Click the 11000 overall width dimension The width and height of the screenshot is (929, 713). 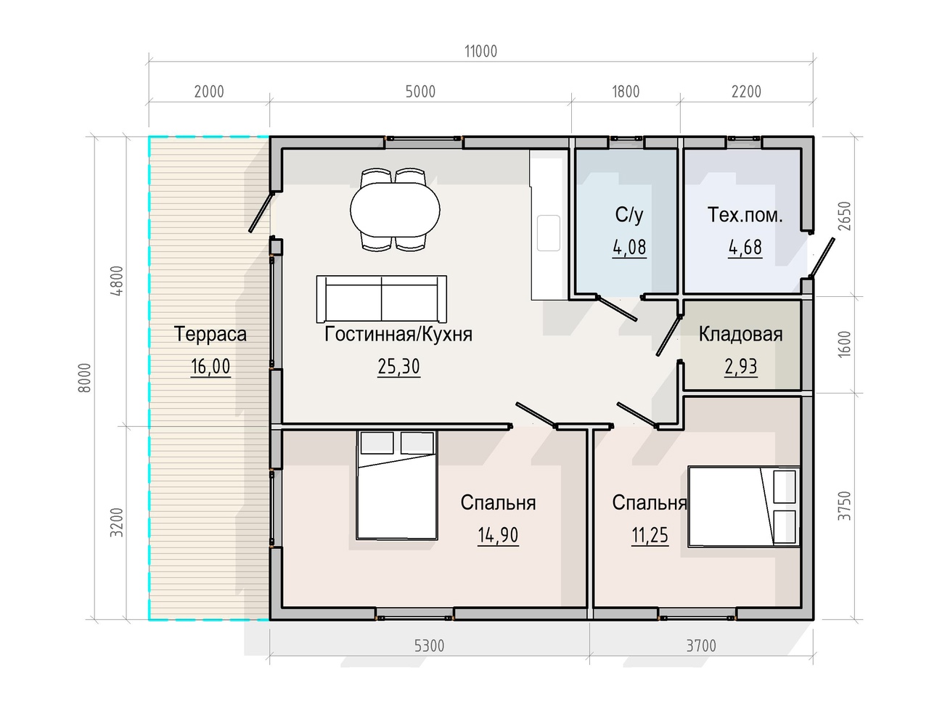pyautogui.click(x=480, y=52)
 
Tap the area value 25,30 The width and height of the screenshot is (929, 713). pyautogui.click(x=398, y=367)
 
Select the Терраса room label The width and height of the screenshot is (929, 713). pyautogui.click(x=210, y=334)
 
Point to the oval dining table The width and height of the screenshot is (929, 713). pyautogui.click(x=395, y=210)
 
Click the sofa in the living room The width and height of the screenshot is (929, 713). pyautogui.click(x=381, y=299)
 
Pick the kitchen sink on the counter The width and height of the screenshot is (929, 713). pyautogui.click(x=549, y=233)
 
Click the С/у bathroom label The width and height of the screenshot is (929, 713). pyautogui.click(x=629, y=215)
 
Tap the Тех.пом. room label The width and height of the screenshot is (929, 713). pyautogui.click(x=745, y=215)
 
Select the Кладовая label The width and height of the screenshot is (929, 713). pyautogui.click(x=740, y=334)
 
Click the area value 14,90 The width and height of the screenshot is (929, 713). pyautogui.click(x=498, y=535)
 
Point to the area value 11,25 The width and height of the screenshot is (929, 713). pyautogui.click(x=650, y=535)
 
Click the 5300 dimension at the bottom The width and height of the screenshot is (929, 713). pyautogui.click(x=429, y=646)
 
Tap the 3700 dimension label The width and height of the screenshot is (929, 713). pyautogui.click(x=701, y=646)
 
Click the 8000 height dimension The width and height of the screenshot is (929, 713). pyautogui.click(x=85, y=378)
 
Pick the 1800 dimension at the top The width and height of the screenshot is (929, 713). pyautogui.click(x=626, y=92)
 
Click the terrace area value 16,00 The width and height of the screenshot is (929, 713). pyautogui.click(x=210, y=367)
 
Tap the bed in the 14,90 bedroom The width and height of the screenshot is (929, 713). pyautogui.click(x=397, y=485)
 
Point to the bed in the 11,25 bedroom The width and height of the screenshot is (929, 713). pyautogui.click(x=744, y=507)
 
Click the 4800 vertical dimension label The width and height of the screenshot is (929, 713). pyautogui.click(x=117, y=280)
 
